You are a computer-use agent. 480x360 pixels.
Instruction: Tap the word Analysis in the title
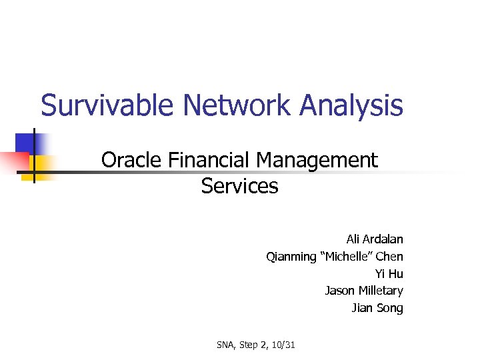(x=351, y=105)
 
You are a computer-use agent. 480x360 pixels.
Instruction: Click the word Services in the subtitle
(x=239, y=186)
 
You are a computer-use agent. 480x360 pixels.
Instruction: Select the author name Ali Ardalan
(x=375, y=239)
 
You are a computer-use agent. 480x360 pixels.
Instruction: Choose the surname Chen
(x=390, y=256)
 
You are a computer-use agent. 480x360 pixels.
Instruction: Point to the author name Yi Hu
(x=389, y=273)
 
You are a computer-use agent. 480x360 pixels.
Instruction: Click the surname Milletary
(x=381, y=291)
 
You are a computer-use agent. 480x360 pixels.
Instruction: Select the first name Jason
(x=340, y=291)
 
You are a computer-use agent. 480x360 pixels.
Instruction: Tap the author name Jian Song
(x=377, y=308)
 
